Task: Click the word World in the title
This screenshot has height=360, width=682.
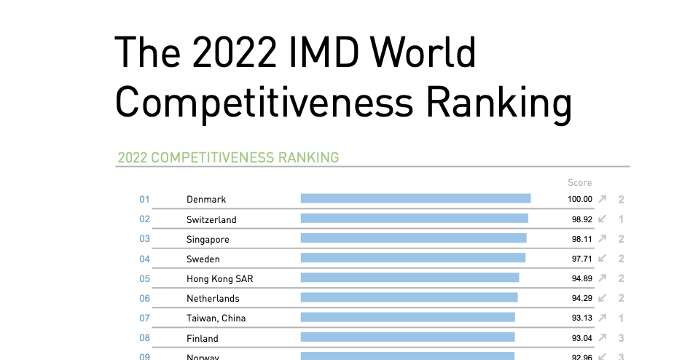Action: pyautogui.click(x=423, y=53)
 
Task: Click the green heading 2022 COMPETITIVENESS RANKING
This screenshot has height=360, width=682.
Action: pyautogui.click(x=228, y=157)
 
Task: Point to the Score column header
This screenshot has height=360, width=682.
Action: pyautogui.click(x=580, y=183)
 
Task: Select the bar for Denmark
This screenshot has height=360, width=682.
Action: pyautogui.click(x=415, y=198)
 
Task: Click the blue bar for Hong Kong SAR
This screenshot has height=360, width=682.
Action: pyautogui.click(x=409, y=278)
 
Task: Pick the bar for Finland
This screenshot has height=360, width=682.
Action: pyautogui.click(x=407, y=337)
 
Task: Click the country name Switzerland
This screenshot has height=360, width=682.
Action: pyautogui.click(x=211, y=219)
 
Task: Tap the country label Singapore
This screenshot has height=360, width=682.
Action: pyautogui.click(x=208, y=239)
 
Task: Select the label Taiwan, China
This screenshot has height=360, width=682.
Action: pyautogui.click(x=216, y=318)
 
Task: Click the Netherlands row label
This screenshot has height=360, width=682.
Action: pyautogui.click(x=213, y=298)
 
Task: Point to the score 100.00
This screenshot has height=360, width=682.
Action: pyautogui.click(x=580, y=199)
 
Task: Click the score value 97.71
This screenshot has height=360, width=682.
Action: pyautogui.click(x=582, y=259)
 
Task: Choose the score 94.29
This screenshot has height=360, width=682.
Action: pyautogui.click(x=582, y=298)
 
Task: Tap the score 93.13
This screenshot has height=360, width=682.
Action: pyautogui.click(x=582, y=318)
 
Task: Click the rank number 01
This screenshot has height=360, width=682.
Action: pyautogui.click(x=144, y=199)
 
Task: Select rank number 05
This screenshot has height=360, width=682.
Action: pyautogui.click(x=144, y=278)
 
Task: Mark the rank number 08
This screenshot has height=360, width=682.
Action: pyautogui.click(x=144, y=337)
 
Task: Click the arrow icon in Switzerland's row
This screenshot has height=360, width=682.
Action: pyautogui.click(x=602, y=219)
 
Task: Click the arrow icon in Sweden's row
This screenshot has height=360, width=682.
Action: pyautogui.click(x=602, y=258)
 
